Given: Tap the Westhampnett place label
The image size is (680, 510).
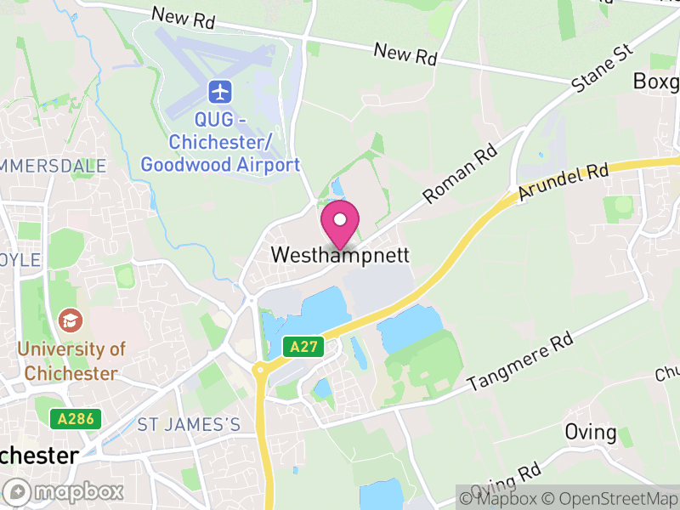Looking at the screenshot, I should pos(340,255).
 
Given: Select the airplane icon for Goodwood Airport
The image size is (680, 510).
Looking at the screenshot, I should pos(220,90).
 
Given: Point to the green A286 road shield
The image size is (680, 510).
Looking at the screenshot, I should pos(76,418).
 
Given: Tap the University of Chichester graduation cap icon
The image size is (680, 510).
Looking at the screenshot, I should pos(70,320).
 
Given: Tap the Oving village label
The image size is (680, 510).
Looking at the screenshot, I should pos(591,432).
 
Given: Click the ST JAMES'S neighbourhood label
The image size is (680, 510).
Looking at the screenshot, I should pos(189,424).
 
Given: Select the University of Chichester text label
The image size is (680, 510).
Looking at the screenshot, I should pos(71,360).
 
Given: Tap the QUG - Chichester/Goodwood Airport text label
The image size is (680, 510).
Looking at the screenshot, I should pos(220,142).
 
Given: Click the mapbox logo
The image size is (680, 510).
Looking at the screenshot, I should pos(65,491).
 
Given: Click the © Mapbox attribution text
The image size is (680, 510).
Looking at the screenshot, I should pos(499,497).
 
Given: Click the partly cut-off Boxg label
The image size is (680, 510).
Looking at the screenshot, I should pos(657,82).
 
